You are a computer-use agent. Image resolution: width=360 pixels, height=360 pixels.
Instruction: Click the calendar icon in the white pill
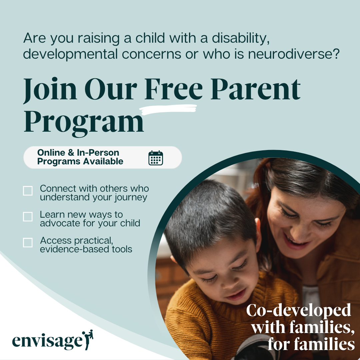tap(156, 158)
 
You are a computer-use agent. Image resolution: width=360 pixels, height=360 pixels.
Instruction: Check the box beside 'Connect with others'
tap(28, 191)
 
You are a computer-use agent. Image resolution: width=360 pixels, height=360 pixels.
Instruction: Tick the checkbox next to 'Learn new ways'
tap(28, 217)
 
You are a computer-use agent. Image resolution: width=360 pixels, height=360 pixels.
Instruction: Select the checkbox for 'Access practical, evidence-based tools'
tap(28, 243)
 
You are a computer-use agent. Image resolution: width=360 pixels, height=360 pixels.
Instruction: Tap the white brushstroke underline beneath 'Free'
tap(168, 110)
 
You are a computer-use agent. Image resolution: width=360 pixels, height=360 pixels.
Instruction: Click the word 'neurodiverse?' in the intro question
tap(294, 54)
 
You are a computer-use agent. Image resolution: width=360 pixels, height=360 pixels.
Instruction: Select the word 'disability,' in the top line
tap(241, 38)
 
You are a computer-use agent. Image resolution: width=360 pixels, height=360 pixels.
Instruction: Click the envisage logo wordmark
tap(47, 341)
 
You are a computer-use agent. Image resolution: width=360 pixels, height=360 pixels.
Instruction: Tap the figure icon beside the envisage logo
tap(88, 340)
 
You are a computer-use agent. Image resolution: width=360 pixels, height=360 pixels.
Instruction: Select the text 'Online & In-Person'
tap(78, 153)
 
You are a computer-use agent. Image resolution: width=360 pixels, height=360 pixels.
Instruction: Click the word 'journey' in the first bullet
tap(131, 198)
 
